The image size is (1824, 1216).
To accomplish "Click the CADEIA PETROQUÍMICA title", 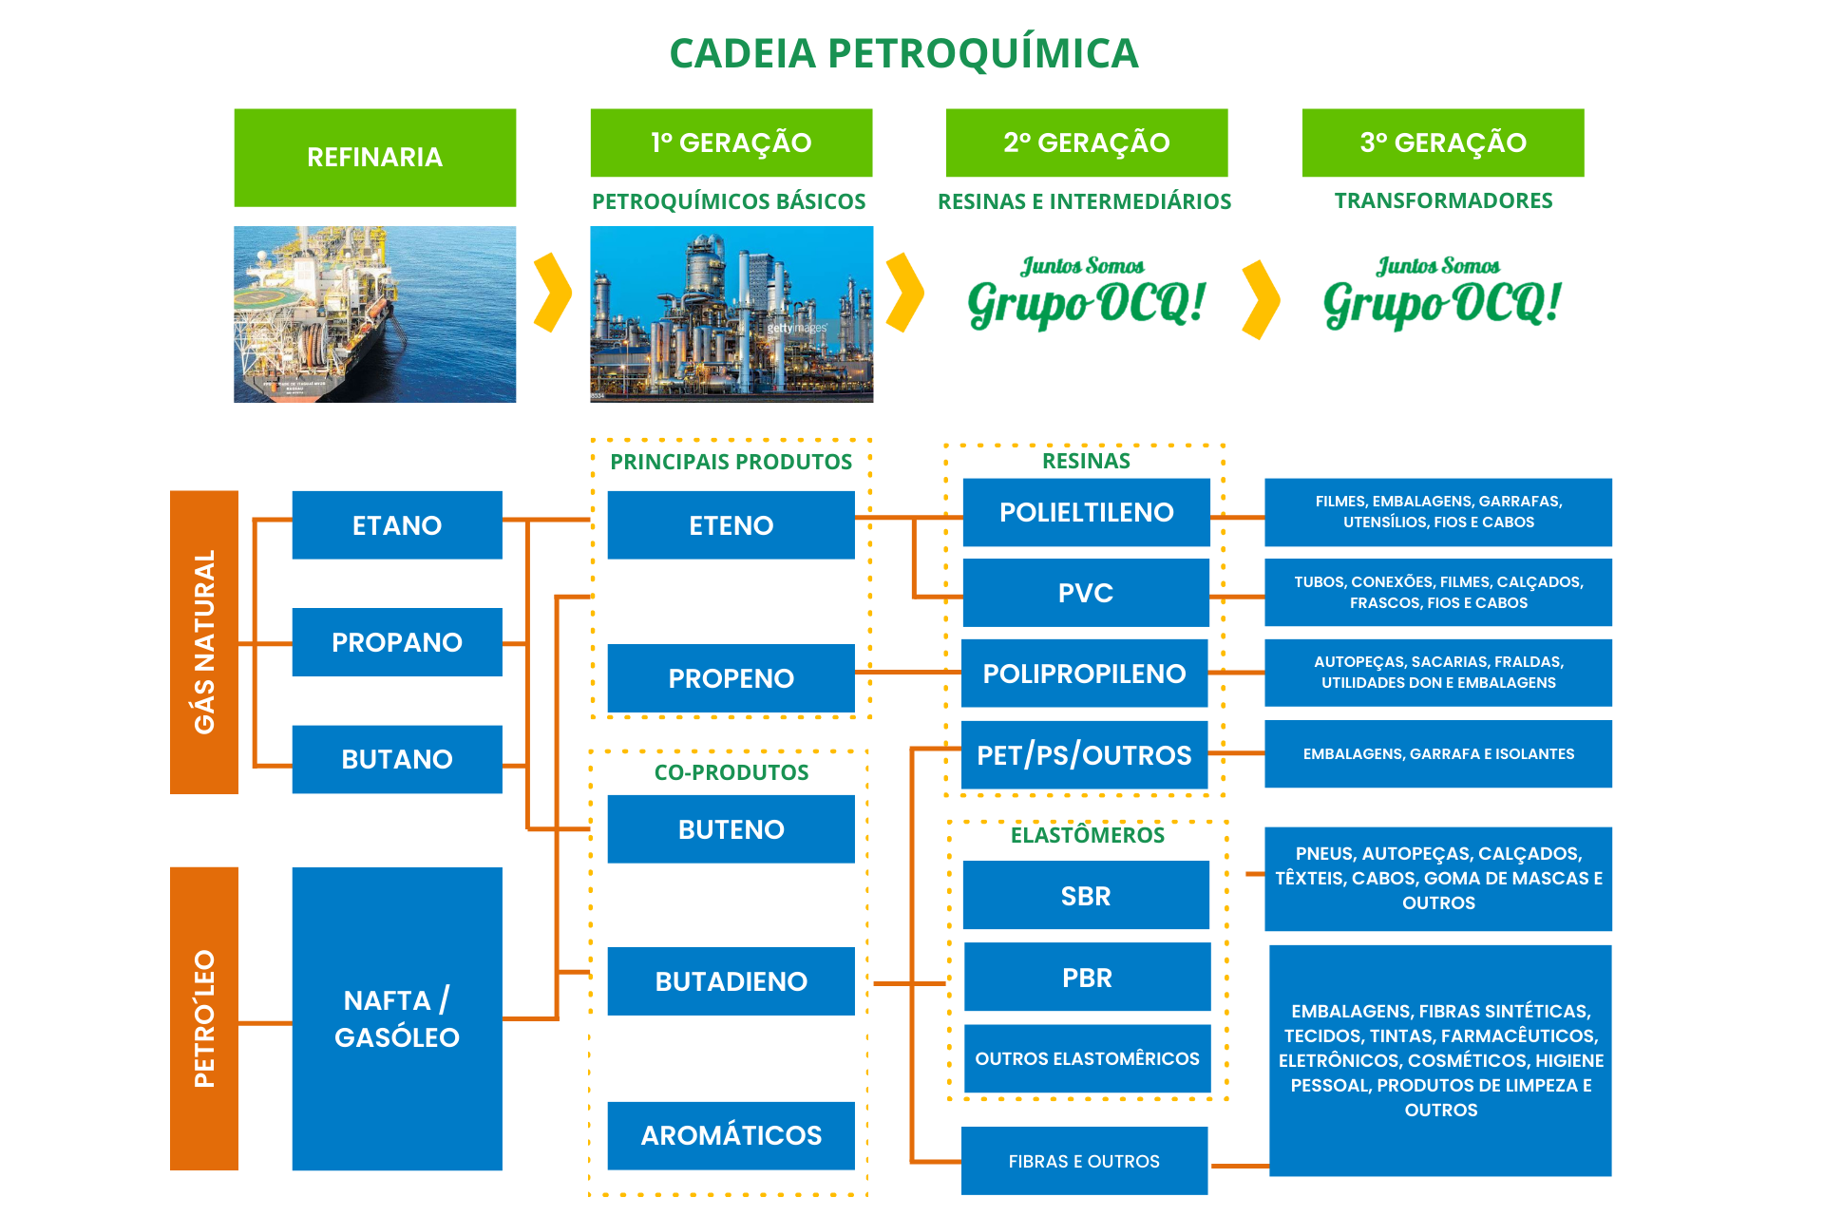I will pos(903,53).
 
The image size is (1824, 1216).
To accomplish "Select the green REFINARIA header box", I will pos(374,158).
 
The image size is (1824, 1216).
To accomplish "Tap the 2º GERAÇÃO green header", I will pos(1086,142).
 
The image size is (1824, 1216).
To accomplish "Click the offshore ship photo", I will pos(374,313).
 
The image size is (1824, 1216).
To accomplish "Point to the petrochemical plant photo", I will pos(731,313).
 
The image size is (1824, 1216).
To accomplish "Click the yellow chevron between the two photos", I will pos(552,293).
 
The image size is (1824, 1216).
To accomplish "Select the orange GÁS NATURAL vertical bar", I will pos(203,642).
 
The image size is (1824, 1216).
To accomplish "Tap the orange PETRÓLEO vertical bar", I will pos(203,1017).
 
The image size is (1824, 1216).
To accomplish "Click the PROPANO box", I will pos(396,642).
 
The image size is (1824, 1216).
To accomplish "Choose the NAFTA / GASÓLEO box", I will pos(396,1017).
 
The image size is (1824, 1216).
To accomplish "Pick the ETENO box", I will pos(731,525).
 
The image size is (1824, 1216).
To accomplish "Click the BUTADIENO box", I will pos(731,981).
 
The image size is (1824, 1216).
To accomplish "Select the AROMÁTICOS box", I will pos(731,1135).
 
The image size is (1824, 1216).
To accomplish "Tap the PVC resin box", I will pos(1085,593).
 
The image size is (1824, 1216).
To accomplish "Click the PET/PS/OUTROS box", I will pos(1084,755).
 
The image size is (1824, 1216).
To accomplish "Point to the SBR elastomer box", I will pos(1085,895).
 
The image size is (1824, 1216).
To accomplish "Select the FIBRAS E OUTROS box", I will pos(1084,1161).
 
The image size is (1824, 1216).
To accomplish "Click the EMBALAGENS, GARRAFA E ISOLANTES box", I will pos(1437,754).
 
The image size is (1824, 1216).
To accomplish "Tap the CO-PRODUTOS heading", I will pos(731,772).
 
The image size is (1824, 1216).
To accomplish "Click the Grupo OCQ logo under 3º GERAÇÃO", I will pos(1441,294).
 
